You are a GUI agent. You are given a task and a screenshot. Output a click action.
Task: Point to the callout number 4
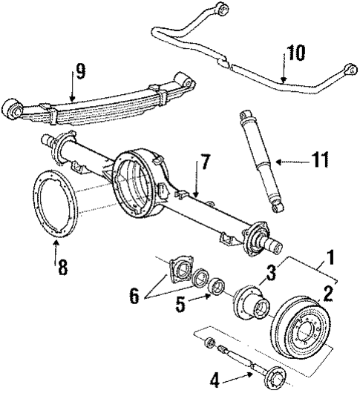215,380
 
